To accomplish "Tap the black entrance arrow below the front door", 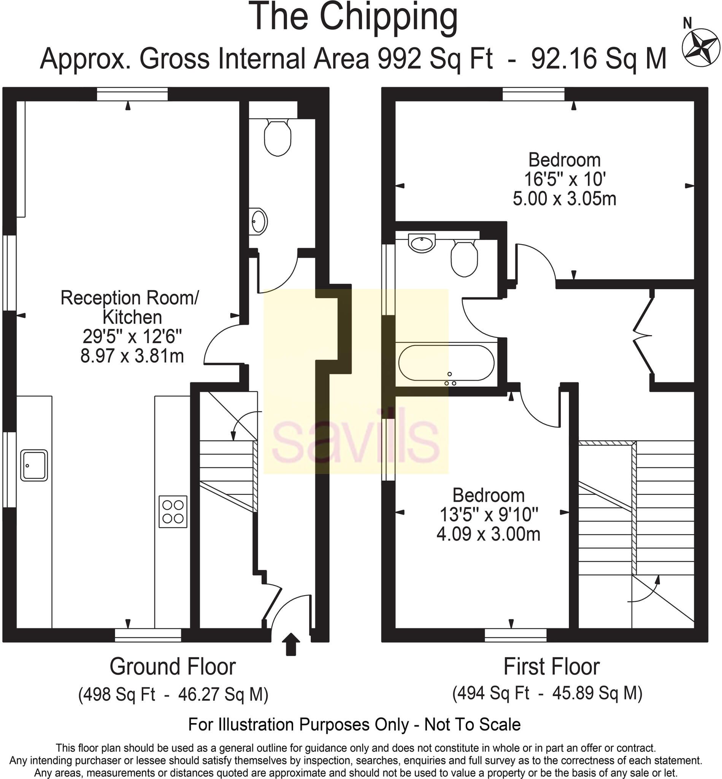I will point(291,644).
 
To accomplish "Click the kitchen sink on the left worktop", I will point(34,465).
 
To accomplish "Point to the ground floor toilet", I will point(278,137).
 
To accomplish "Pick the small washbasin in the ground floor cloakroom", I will point(258,221).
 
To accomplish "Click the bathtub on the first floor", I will point(446,363).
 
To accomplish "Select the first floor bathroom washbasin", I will point(422,243).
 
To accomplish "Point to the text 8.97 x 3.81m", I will point(132,356).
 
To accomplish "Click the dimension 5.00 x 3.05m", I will point(564,199).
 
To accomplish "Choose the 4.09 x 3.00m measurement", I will point(488,534).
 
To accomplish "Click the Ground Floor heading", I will point(172,666).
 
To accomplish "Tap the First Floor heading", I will point(551,666).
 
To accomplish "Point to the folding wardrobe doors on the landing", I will point(643,335).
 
